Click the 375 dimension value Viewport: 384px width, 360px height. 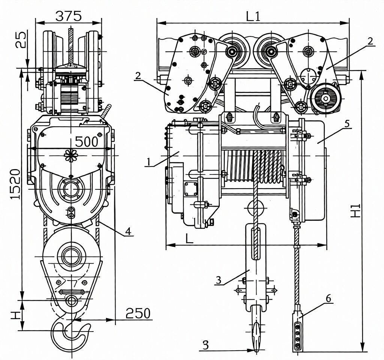pos(68,15)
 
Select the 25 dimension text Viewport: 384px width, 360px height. pos(21,40)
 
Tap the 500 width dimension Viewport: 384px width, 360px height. pos(86,141)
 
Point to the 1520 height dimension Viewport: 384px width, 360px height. pos(14,184)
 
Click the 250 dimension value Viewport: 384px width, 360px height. pos(138,313)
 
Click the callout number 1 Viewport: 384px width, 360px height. pos(149,162)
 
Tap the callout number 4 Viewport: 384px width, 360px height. pos(128,231)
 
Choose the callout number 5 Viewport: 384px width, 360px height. pos(347,123)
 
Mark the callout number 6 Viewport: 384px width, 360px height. pos(328,298)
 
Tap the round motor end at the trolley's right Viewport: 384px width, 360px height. pos(325,98)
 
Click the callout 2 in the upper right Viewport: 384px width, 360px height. pos(370,41)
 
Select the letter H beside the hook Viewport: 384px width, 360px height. pos(15,314)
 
